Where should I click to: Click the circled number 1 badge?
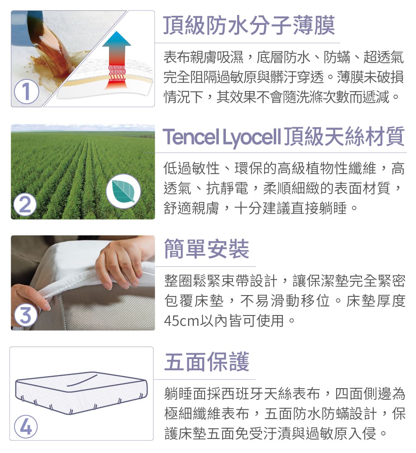coord(26,91)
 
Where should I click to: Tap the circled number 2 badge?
coord(25,205)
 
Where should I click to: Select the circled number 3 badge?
coord(26,315)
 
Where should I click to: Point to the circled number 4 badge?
coord(26,427)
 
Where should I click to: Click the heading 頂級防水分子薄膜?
coord(249,25)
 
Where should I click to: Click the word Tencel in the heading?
coord(191,137)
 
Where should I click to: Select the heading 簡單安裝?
coord(206,249)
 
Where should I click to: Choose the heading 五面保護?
coord(206,362)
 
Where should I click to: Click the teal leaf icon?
coord(124,191)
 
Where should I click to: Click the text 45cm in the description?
coord(181,321)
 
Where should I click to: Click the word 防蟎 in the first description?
coord(337,57)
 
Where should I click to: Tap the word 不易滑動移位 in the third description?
coord(285,301)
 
